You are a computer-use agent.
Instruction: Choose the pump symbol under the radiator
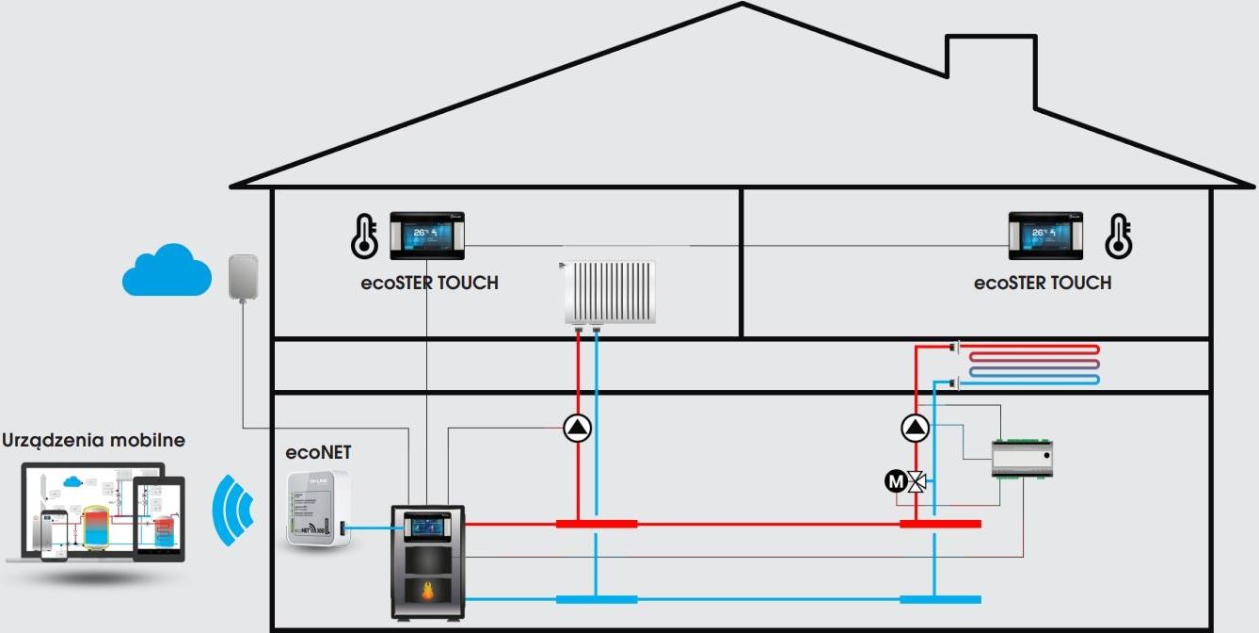click(578, 429)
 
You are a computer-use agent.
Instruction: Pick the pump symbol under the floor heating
click(915, 429)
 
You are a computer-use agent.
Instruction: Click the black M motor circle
click(894, 482)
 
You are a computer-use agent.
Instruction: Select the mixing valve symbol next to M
click(916, 482)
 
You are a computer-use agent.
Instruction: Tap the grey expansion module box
click(1022, 460)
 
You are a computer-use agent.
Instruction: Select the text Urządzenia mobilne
click(94, 440)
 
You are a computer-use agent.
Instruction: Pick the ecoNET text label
click(318, 452)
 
